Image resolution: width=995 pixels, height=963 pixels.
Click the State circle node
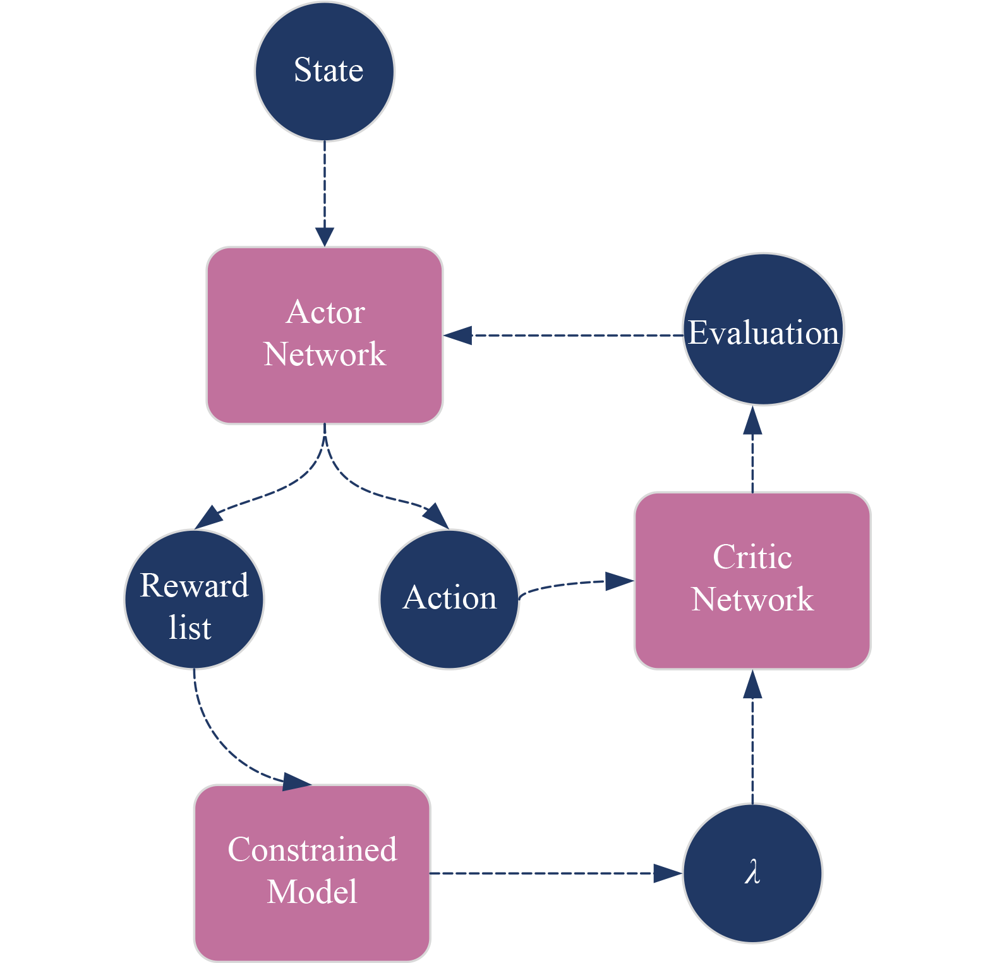pos(325,71)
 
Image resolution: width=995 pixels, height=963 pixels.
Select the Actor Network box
pos(325,335)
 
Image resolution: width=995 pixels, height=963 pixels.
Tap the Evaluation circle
pos(763,329)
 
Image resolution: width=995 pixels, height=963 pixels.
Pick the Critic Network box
pos(752,580)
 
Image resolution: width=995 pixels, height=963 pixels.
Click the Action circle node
pos(449,598)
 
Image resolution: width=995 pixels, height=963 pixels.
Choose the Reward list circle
pos(193,599)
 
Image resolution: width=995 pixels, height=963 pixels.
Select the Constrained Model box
pos(313,873)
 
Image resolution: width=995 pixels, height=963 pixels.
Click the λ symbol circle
pos(752,873)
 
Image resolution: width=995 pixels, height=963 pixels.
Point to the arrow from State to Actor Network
pos(325,190)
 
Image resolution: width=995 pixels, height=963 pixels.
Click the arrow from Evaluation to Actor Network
pos(569,335)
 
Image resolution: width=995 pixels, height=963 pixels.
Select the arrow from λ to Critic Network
pos(752,739)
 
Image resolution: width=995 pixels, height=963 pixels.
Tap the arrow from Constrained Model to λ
pos(550,873)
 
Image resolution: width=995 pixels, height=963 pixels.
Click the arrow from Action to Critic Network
pos(569,584)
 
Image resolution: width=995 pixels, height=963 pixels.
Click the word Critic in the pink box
pos(752,557)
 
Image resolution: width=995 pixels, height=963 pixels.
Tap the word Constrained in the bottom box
pos(313,850)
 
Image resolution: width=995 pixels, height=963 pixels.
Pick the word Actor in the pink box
pos(325,312)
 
